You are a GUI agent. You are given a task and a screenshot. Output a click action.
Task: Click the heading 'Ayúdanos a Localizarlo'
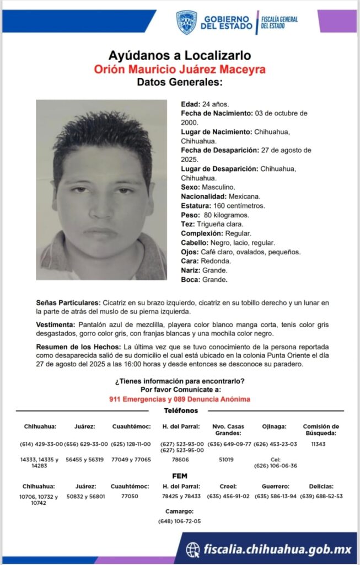point(180,55)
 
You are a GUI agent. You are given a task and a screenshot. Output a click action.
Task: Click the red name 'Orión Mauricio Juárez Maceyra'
point(180,70)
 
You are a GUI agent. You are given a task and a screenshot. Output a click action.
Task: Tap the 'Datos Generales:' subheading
point(180,83)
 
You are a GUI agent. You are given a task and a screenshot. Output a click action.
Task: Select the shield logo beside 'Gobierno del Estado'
point(186,23)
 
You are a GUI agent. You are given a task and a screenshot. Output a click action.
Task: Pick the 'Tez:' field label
point(187,224)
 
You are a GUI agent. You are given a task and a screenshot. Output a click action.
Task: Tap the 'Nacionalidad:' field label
point(202,196)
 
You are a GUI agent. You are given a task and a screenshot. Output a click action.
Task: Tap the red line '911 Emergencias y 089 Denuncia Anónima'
point(180,399)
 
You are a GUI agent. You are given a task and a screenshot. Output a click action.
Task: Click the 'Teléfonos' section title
point(180,411)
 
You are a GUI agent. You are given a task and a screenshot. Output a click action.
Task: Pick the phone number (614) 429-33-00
point(42,444)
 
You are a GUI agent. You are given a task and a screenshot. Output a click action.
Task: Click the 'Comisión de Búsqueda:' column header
point(321,429)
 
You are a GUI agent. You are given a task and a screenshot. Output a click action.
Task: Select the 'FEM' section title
point(180,475)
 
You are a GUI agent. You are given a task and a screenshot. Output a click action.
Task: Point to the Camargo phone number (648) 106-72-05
point(179,521)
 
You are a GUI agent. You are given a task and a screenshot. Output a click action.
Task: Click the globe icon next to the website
point(193,549)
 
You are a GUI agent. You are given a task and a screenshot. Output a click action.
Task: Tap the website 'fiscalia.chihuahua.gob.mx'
point(277,549)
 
